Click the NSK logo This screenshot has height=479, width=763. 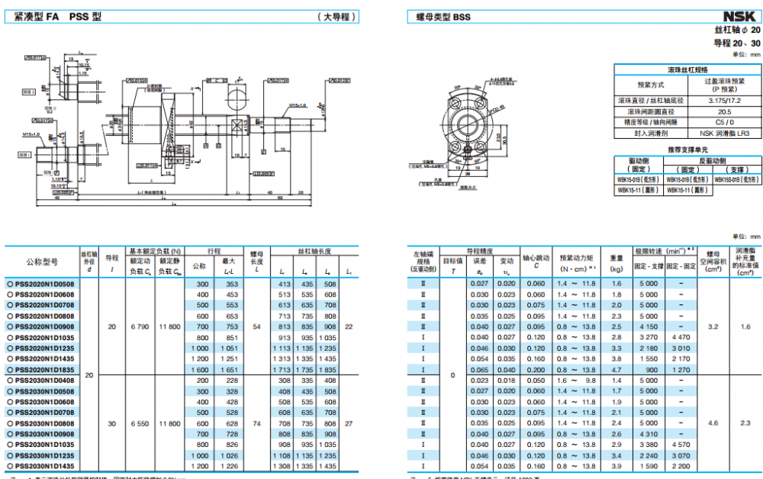(740, 16)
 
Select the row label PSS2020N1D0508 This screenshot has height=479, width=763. (45, 284)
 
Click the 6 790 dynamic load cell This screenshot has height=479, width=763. (140, 326)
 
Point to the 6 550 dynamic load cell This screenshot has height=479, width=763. (140, 423)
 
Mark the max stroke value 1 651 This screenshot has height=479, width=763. (229, 369)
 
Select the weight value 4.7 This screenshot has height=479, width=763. (617, 369)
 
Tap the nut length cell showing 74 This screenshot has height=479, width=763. (257, 423)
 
